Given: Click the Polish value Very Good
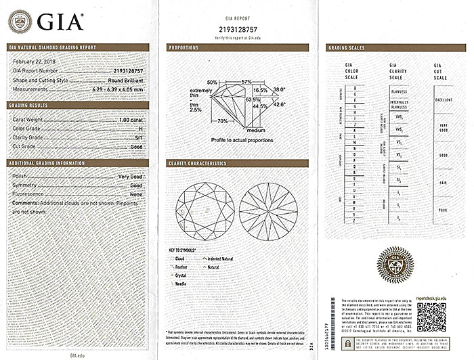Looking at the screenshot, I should click(x=130, y=176).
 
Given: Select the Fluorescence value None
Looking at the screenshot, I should click(x=136, y=194).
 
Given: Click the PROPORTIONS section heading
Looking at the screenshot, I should click(x=185, y=47).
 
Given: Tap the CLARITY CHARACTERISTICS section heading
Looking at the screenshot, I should click(x=200, y=163).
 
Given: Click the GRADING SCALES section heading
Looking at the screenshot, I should click(x=346, y=47).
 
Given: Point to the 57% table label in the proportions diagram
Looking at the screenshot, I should click(x=246, y=82).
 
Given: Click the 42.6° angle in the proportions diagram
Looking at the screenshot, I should click(x=278, y=104).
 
